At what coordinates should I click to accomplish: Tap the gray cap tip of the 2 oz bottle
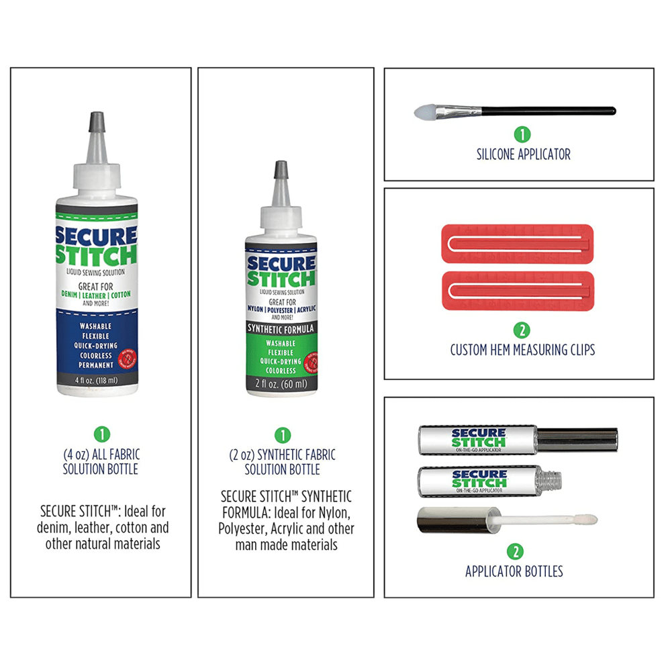click(x=280, y=171)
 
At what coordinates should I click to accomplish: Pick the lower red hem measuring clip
click(x=517, y=289)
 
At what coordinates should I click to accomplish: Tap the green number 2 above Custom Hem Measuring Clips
click(x=522, y=330)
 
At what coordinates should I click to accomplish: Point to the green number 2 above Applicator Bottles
click(x=514, y=552)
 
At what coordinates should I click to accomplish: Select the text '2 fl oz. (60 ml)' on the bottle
click(x=281, y=384)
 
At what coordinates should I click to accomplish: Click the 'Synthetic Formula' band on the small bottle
click(x=281, y=329)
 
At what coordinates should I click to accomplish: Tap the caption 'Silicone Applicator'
click(x=524, y=154)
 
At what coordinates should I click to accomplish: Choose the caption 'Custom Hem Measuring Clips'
click(x=522, y=350)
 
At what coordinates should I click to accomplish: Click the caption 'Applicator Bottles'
click(x=514, y=572)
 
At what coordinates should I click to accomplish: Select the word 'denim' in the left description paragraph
click(x=55, y=528)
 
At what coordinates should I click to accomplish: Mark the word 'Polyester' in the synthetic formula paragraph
click(x=247, y=529)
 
